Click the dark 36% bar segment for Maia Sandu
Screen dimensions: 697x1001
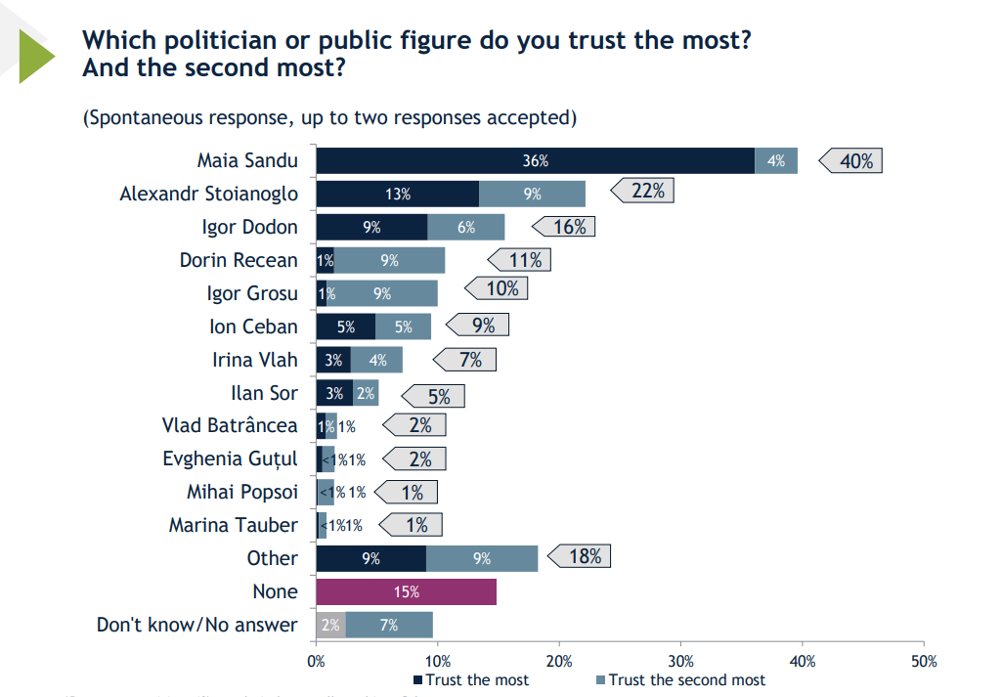(535, 160)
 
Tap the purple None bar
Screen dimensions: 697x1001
(406, 591)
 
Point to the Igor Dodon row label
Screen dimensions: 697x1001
(249, 227)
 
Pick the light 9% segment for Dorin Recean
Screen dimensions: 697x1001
(390, 260)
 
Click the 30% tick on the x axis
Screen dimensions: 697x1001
(681, 662)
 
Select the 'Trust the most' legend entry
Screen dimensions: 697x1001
(472, 679)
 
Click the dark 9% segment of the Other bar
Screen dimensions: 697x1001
(370, 558)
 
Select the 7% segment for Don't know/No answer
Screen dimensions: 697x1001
(389, 625)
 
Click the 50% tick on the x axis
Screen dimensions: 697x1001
(924, 662)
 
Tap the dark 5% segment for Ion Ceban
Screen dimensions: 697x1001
(345, 327)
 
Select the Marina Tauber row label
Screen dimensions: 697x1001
(233, 525)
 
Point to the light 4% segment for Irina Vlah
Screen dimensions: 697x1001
(376, 360)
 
